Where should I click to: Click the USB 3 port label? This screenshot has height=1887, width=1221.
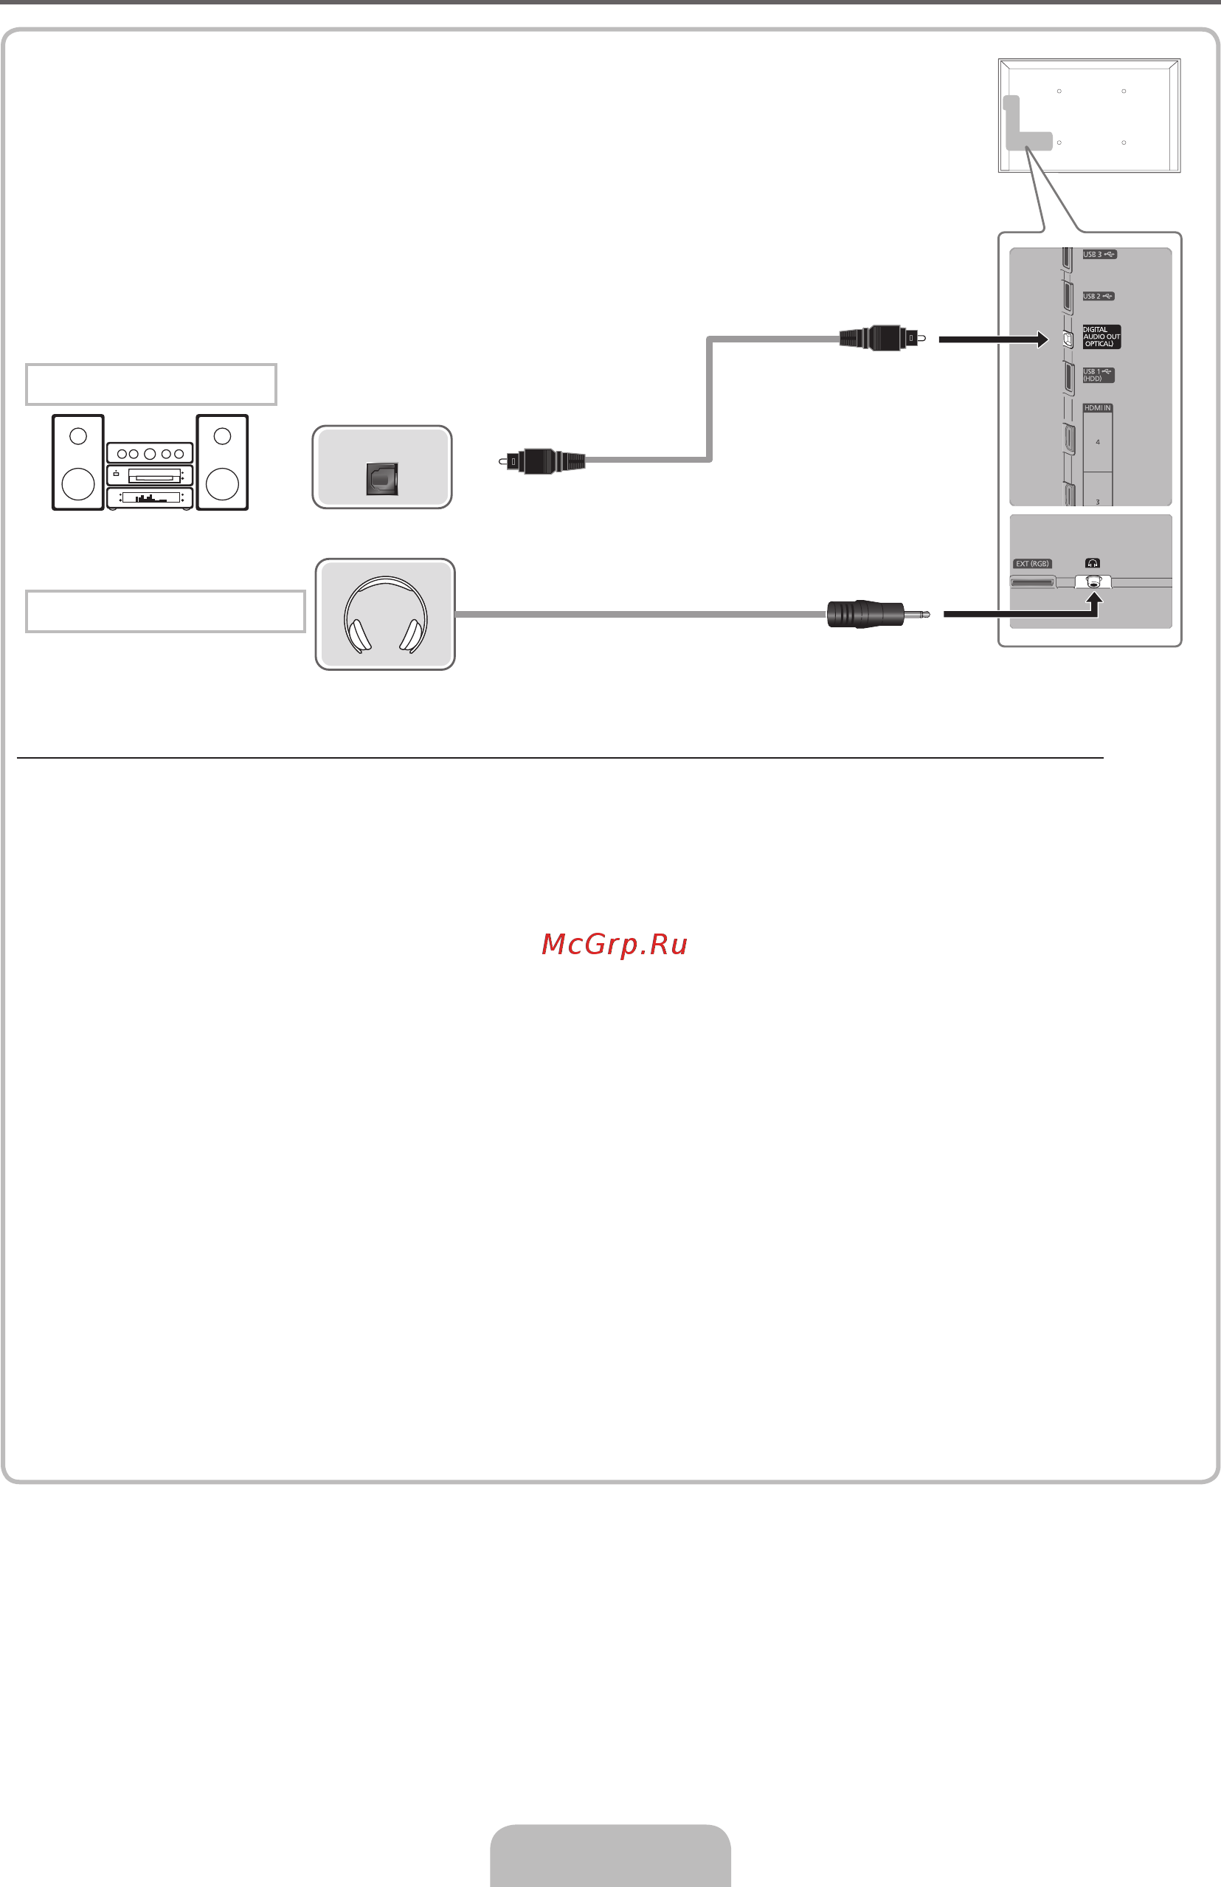click(1099, 255)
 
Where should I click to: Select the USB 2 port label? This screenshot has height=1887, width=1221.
click(1098, 297)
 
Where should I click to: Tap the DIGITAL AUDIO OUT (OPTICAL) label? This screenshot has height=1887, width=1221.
click(1101, 337)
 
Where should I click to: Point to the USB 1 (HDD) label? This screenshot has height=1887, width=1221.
click(1098, 375)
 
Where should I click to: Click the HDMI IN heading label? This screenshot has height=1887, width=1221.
click(1097, 408)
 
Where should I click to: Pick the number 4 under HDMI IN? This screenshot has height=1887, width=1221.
click(1097, 442)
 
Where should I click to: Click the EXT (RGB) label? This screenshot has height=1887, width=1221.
click(1032, 564)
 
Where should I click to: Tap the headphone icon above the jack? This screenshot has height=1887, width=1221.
click(1093, 563)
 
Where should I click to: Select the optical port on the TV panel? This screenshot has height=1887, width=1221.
click(1068, 339)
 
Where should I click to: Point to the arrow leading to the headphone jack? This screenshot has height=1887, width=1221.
click(1023, 611)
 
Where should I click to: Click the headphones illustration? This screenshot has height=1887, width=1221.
click(385, 615)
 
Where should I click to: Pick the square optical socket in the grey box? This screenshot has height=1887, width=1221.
click(382, 479)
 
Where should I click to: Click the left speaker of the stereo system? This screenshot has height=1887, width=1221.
click(77, 463)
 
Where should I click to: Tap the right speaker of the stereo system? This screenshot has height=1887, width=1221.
click(222, 463)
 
